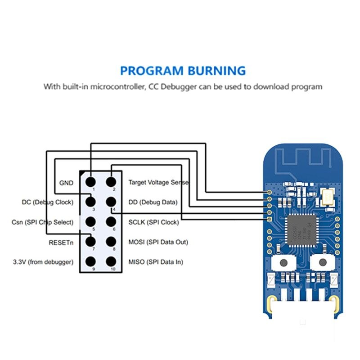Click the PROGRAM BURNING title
pyautogui.click(x=183, y=71)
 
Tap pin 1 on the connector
pyautogui.click(x=90, y=182)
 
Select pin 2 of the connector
pyautogui.click(x=111, y=182)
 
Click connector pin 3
pyautogui.click(x=90, y=202)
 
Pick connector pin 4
pyautogui.click(x=111, y=202)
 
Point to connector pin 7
pyautogui.click(x=90, y=242)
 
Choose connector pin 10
pyautogui.click(x=111, y=261)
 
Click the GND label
pyautogui.click(x=66, y=183)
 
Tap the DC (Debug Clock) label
pyautogui.click(x=47, y=202)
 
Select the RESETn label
pyautogui.click(x=61, y=242)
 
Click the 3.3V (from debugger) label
pyautogui.click(x=43, y=262)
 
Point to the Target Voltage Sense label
pyautogui.click(x=158, y=183)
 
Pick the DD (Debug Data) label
pyautogui.click(x=153, y=202)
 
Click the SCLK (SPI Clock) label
pyautogui.click(x=153, y=222)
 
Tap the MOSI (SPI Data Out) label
pyautogui.click(x=158, y=242)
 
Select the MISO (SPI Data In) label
pyautogui.click(x=156, y=262)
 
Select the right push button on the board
pyautogui.click(x=322, y=263)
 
